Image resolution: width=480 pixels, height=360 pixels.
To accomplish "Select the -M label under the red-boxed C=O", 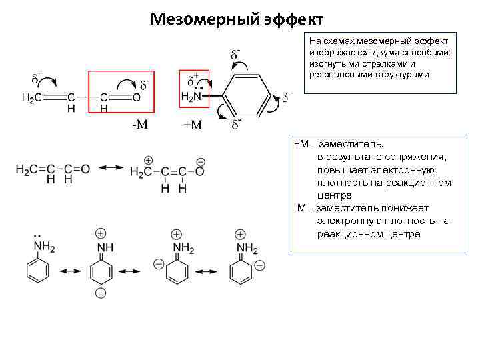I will (x=139, y=125).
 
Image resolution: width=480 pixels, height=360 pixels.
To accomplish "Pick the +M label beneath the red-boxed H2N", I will (x=193, y=125).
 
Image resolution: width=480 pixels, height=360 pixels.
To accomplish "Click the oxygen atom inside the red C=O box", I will (x=137, y=97).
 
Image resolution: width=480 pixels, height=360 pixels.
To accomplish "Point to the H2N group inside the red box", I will (x=192, y=97).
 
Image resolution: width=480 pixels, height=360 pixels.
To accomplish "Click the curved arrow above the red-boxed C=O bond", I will (x=125, y=83).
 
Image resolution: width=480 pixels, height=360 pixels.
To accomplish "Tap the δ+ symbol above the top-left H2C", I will (x=37, y=79).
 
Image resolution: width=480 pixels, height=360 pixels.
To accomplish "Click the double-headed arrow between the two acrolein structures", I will (x=110, y=169).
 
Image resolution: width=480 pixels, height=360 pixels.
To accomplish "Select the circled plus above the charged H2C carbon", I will (x=147, y=161).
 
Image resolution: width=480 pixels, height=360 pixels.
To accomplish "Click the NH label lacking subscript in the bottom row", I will (x=105, y=247).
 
